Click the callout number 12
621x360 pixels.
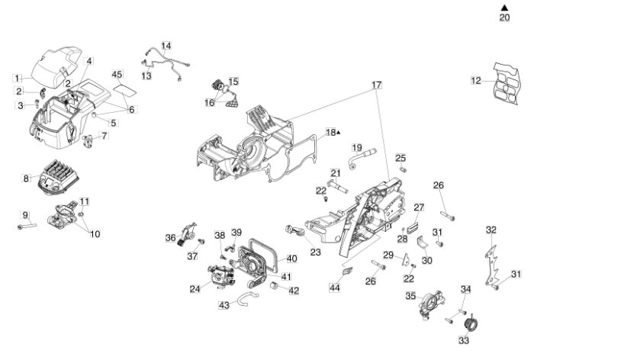[x=476, y=80]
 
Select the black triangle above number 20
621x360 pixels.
[x=504, y=8]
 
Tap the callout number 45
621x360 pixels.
[x=117, y=75]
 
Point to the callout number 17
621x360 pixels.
[x=377, y=85]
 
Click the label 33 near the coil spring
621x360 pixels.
[x=464, y=340]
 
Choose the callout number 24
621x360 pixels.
[x=195, y=289]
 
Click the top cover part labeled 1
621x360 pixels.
[x=56, y=66]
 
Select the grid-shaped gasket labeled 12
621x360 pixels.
[x=506, y=84]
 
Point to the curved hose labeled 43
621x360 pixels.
[x=247, y=297]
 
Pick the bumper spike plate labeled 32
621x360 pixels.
[x=491, y=265]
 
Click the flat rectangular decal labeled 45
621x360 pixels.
[x=125, y=89]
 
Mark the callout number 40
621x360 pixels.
[x=292, y=259]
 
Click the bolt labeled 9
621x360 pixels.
[x=27, y=226]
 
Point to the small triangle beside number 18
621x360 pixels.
[x=338, y=133]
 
